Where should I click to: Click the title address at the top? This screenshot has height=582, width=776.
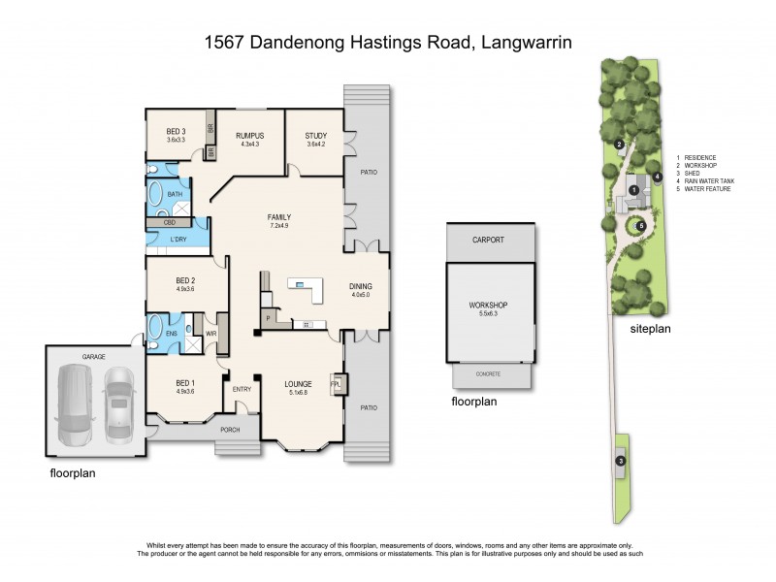[x=388, y=42]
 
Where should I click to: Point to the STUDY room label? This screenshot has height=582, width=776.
[x=315, y=135]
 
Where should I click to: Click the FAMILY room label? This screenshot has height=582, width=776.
[x=279, y=216]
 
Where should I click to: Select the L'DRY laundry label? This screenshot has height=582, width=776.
[x=178, y=239]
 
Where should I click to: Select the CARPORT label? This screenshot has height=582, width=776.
[x=490, y=239]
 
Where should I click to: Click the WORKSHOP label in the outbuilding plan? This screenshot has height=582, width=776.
[x=489, y=306]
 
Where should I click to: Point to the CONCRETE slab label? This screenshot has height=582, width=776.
[x=489, y=372]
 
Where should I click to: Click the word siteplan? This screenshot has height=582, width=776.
[x=651, y=328]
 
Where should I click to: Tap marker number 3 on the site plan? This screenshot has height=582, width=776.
[x=621, y=460]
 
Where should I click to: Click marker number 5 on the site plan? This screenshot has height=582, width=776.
[x=640, y=225]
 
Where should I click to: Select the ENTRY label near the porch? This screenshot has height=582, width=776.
[x=241, y=389]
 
